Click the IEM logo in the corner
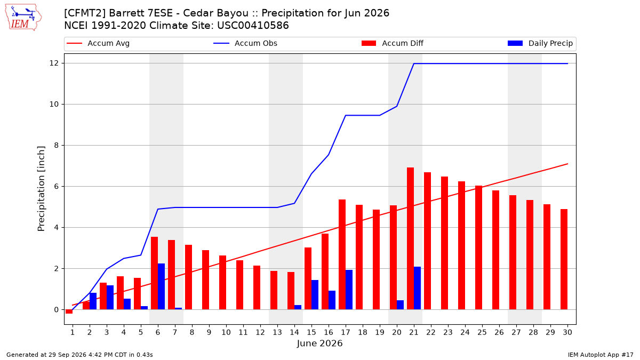[23, 18]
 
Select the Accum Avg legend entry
[98, 43]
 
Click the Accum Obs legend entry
[245, 43]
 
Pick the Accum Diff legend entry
[393, 43]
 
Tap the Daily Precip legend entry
[540, 43]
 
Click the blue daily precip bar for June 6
[161, 286]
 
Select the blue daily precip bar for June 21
[417, 288]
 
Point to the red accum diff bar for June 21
[410, 238]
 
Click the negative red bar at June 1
[69, 311]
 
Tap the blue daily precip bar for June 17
[349, 290]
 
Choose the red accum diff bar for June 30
[564, 259]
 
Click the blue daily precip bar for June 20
[401, 305]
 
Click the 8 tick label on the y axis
[57, 146]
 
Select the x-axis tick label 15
[311, 332]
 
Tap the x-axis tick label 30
[567, 332]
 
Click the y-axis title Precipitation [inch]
[42, 189]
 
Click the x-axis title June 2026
[319, 343]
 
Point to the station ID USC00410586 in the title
[253, 26]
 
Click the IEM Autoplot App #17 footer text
[601, 355]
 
